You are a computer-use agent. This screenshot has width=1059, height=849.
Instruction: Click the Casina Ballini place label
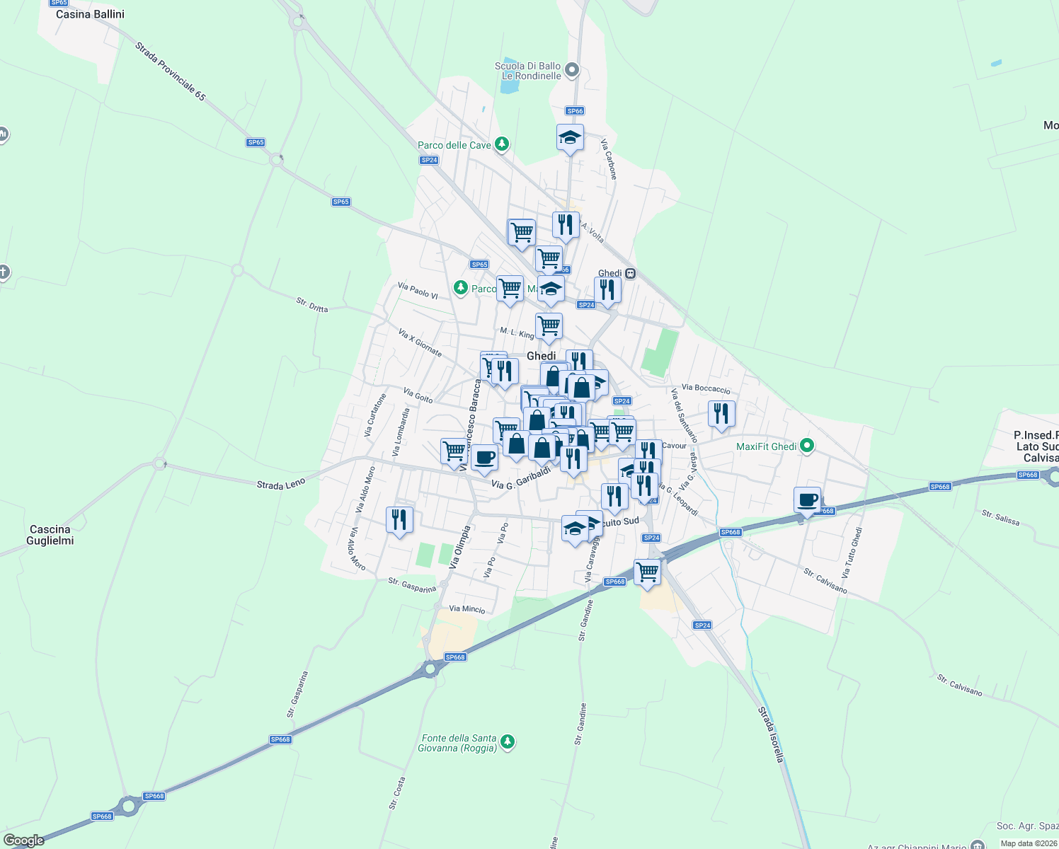pos(90,14)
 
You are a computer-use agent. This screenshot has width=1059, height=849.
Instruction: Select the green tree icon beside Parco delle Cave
pos(502,145)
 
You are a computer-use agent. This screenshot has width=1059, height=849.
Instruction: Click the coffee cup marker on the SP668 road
pos(807,500)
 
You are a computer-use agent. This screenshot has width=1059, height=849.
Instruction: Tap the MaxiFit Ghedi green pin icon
pos(807,446)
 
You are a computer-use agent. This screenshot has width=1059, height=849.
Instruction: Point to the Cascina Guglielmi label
pos(50,535)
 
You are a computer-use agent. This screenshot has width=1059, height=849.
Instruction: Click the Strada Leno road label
pos(281,485)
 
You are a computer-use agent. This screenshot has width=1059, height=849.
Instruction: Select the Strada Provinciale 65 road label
pos(171,71)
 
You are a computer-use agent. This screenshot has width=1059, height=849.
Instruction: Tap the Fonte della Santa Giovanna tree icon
pos(507,742)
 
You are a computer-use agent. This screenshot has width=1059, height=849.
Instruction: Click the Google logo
pos(24,841)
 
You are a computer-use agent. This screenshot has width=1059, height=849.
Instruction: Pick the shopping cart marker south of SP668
pos(647,572)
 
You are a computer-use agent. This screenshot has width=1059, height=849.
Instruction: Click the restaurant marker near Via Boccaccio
pos(721,413)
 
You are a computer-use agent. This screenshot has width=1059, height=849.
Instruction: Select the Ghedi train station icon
pos(630,274)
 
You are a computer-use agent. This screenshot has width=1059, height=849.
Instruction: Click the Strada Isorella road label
pos(771,734)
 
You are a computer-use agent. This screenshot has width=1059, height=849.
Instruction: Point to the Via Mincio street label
pos(467,608)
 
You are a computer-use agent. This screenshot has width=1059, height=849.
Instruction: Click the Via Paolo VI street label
pos(418,290)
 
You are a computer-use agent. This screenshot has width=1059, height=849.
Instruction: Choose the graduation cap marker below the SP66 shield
pos(570,137)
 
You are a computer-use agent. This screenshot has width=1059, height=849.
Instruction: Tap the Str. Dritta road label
pos(312,305)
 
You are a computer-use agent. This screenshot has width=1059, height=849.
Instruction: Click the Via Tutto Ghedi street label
pos(852,553)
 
